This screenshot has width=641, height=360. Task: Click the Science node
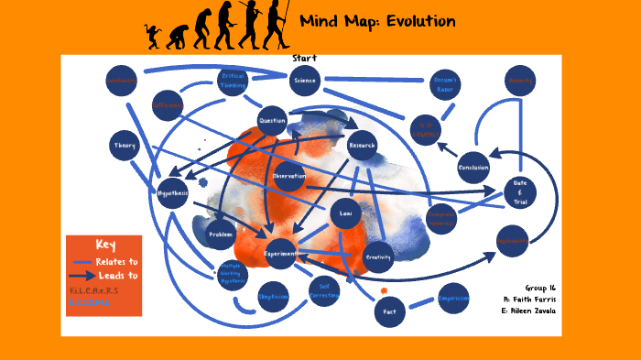coord(303,81)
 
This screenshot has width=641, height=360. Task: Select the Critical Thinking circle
coord(232,81)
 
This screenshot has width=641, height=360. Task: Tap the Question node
coord(272,120)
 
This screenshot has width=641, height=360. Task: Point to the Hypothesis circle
coord(172,193)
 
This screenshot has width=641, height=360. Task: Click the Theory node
coord(124,146)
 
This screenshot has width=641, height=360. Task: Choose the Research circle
coord(362,145)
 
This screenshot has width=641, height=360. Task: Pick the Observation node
coord(288,176)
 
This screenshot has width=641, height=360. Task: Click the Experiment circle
coord(280,253)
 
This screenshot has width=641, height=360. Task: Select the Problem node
coord(222,234)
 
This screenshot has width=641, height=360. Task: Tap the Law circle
coord(345,213)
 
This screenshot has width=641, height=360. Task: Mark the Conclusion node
coord(473,168)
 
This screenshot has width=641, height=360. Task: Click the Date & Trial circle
coord(519,193)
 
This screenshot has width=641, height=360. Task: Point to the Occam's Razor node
coord(445,85)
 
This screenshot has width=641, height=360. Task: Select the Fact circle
coord(388,311)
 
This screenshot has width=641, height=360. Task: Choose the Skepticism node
coord(273,297)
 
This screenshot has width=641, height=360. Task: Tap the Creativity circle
coord(378,257)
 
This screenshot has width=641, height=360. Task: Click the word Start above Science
coord(304,59)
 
